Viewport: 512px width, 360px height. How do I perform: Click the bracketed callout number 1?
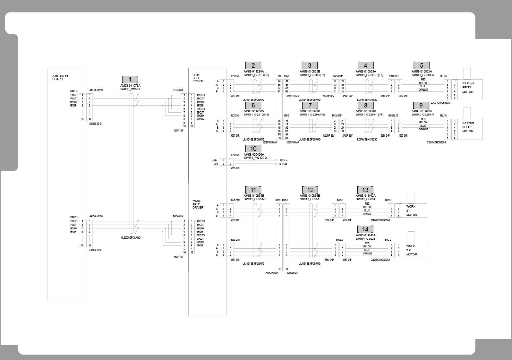130,80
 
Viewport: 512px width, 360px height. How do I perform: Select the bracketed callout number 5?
421,65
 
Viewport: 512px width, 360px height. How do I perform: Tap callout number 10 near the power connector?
253,149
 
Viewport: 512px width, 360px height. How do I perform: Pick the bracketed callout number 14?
365,229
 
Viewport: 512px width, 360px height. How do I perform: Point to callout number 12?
310,190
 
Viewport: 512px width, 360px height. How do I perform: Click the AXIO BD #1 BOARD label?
60,77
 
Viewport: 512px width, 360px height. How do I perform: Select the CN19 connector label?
73,91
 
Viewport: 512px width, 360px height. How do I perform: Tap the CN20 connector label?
73,217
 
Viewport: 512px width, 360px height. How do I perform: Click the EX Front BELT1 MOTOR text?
468,87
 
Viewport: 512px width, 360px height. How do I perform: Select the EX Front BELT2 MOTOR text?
468,127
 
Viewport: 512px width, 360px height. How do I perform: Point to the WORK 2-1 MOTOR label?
412,210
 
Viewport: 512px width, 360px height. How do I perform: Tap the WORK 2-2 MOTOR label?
412,250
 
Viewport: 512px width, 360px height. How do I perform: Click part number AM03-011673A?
130,86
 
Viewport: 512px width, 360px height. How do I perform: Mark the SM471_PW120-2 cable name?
255,158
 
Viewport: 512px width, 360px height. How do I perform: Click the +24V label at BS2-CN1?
215,160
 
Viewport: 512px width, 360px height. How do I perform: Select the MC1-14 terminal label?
284,160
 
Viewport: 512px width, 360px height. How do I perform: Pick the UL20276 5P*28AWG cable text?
131,238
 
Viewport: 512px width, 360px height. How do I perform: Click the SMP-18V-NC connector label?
272,273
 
